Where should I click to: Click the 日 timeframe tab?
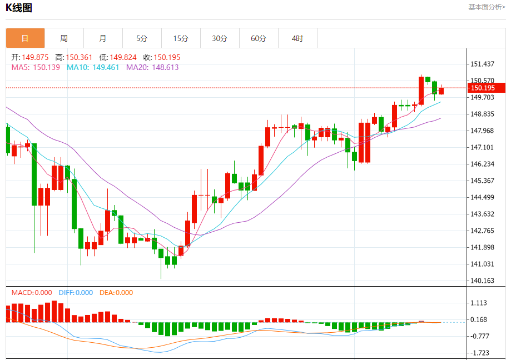tap(25, 38)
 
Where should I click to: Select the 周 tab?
tap(64, 38)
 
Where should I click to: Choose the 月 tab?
tap(103, 38)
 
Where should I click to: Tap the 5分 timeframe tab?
tap(142, 38)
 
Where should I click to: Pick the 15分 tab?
tap(181, 38)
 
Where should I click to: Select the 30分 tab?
tap(220, 38)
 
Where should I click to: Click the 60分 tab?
tap(259, 38)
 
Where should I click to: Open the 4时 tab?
tap(297, 38)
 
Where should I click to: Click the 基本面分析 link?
tap(487, 7)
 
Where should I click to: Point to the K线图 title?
tap(19, 8)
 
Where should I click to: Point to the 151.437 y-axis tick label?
tap(483, 64)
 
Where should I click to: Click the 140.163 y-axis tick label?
tap(483, 281)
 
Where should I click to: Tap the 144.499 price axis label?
tap(483, 197)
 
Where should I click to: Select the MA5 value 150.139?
tap(46, 67)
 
